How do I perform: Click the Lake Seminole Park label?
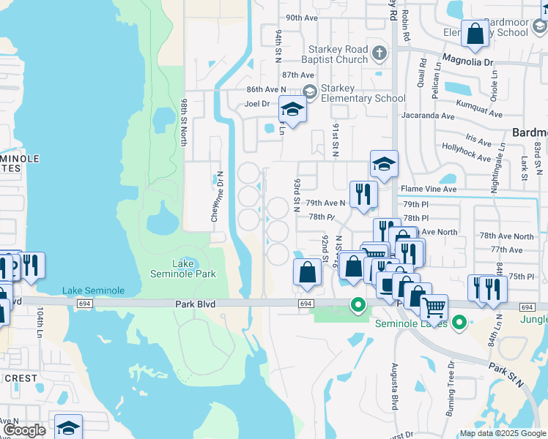point(183,269)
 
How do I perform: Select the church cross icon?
point(379,52)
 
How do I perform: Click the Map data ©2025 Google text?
point(502,433)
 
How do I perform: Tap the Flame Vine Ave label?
point(429,189)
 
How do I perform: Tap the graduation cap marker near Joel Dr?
point(292,110)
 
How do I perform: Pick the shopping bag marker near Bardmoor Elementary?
point(475,34)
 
